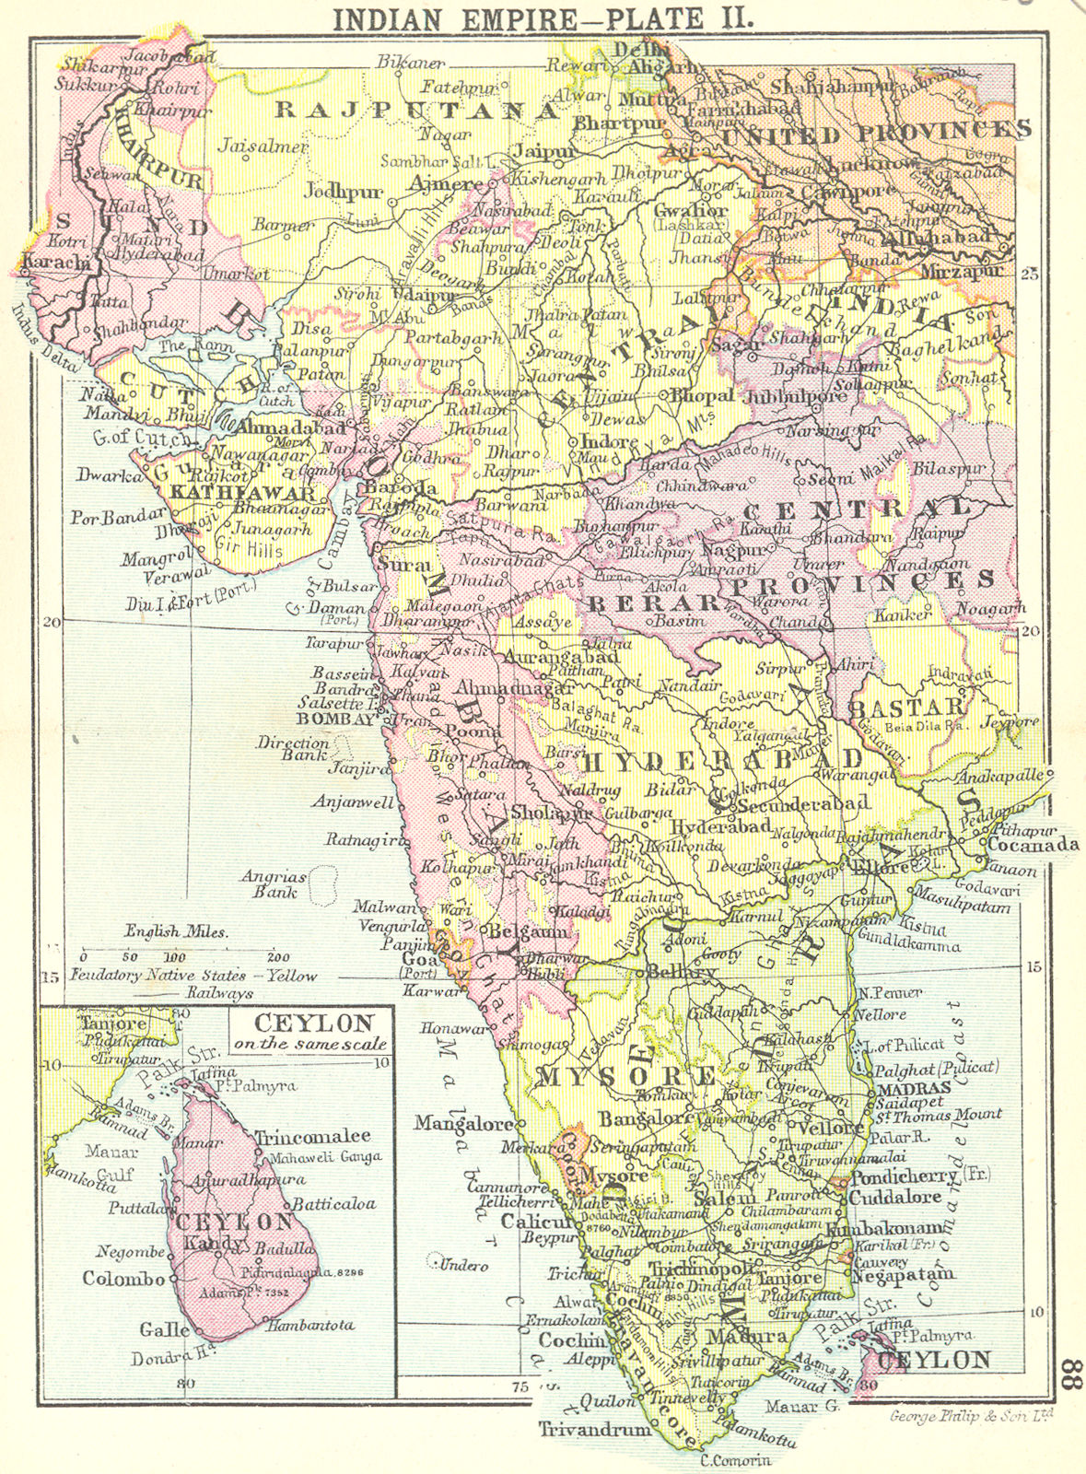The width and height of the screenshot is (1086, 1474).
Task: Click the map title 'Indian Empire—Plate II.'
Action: [542, 18]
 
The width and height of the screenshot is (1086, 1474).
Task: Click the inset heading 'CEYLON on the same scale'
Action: [309, 1032]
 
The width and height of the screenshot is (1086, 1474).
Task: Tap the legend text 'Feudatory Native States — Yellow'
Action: [193, 976]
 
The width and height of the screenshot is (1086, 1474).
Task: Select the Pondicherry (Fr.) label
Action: [907, 1178]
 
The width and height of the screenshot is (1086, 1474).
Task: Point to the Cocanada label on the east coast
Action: [1032, 844]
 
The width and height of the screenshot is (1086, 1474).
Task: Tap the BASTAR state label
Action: [907, 708]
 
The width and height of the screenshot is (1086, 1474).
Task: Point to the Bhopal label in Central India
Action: [703, 396]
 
